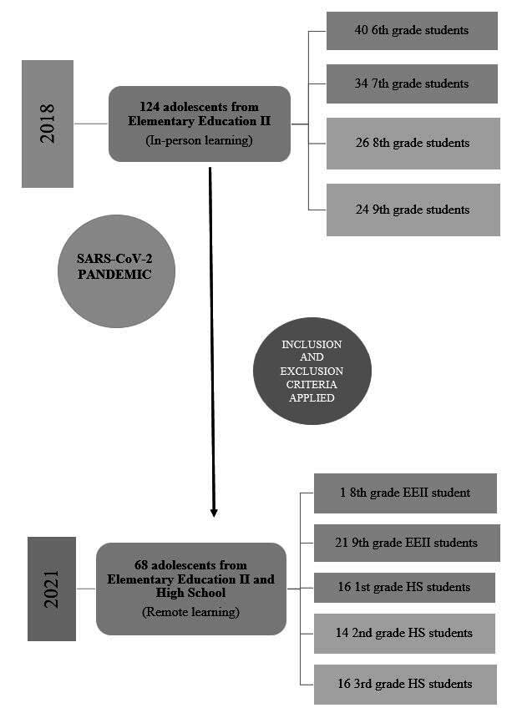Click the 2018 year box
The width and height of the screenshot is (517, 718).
[47, 124]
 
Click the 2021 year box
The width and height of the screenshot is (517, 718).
[52, 589]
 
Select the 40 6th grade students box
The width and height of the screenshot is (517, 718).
[412, 31]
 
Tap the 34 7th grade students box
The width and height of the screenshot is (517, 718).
[412, 83]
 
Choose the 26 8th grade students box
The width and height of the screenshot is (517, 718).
[413, 143]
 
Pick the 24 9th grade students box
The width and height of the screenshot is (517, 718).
[413, 210]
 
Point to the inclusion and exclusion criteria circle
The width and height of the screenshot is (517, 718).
[312, 372]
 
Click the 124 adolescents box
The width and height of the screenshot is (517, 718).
[200, 124]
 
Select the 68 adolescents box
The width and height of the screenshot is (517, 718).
[191, 589]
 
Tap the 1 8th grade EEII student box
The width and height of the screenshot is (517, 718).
[405, 493]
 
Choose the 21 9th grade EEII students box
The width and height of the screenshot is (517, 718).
[407, 543]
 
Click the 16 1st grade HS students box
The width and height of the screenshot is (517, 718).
[404, 587]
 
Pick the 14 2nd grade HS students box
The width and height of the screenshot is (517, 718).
[404, 633]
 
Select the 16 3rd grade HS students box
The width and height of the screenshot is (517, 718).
[405, 684]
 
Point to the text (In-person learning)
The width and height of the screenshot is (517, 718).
[200, 140]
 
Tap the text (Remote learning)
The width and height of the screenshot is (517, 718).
[191, 613]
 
